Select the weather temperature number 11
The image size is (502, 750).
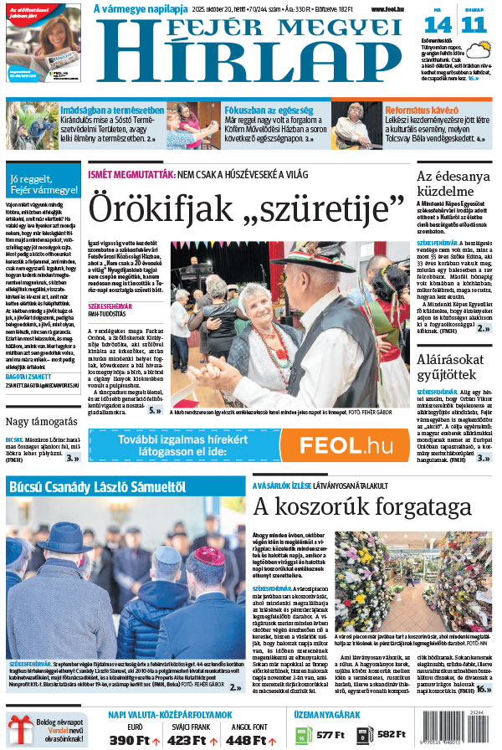pyautogui.click(x=473, y=24)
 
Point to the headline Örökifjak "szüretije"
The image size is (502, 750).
pyautogui.click(x=247, y=205)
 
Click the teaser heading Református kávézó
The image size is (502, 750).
pyautogui.click(x=422, y=110)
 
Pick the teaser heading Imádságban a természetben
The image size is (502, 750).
pyautogui.click(x=111, y=110)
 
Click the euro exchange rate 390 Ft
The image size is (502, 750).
pyautogui.click(x=134, y=739)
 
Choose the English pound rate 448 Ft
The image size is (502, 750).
pyautogui.click(x=249, y=739)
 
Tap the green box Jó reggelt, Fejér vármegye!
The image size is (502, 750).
pyautogui.click(x=43, y=184)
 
